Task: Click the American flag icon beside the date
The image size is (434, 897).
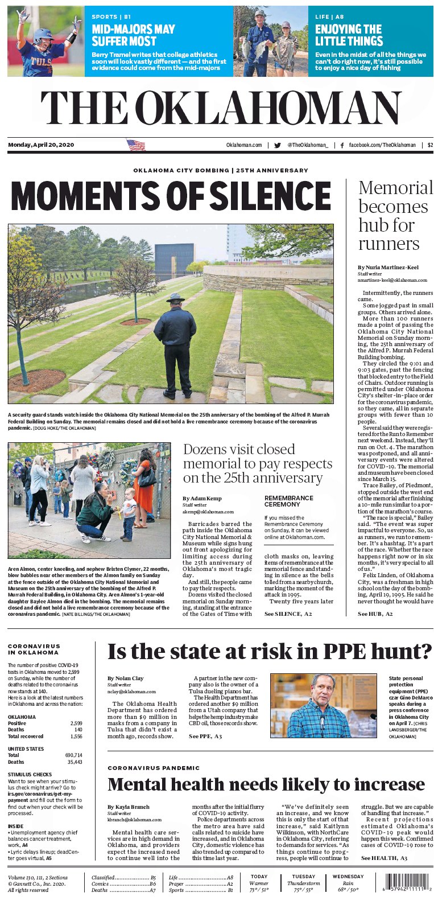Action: (136, 145)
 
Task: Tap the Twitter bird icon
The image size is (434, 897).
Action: (278, 145)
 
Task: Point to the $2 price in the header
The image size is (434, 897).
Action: (430, 145)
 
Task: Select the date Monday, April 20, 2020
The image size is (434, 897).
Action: (41, 145)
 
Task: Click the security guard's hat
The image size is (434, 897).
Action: (175, 297)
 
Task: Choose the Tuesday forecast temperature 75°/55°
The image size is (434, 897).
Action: (303, 890)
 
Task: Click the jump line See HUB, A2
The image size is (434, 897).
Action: (375, 614)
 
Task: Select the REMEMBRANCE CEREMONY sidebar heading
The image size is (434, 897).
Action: (289, 501)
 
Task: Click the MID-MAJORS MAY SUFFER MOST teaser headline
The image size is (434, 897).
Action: (133, 35)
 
